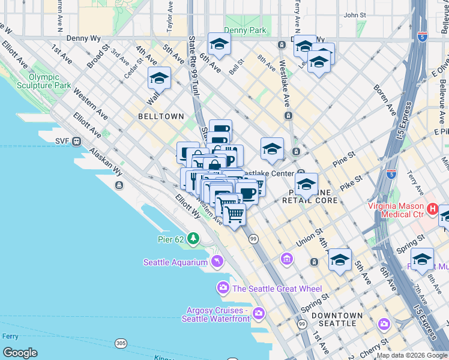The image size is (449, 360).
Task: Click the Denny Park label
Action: pos(244,30)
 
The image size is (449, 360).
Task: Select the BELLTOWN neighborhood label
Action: pos(161,116)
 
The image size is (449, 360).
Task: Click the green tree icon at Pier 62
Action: pos(193,239)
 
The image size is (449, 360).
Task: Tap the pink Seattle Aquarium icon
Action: pos(217,261)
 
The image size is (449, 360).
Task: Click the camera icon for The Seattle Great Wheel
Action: pos(223,289)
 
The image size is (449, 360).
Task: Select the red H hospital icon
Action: pos(433,210)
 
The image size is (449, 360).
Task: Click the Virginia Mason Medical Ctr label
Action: pos(396,210)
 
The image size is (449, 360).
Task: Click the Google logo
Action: pos(20,353)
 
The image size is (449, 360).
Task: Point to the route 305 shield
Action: pos(121,343)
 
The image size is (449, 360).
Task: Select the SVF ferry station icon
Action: pos(76,142)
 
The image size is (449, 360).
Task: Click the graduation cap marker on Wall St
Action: pos(159,79)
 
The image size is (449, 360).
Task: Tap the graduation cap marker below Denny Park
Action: pos(219,44)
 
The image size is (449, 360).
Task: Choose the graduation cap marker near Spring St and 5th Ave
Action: pos(340,260)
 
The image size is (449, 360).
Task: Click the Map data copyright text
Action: pos(412,355)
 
